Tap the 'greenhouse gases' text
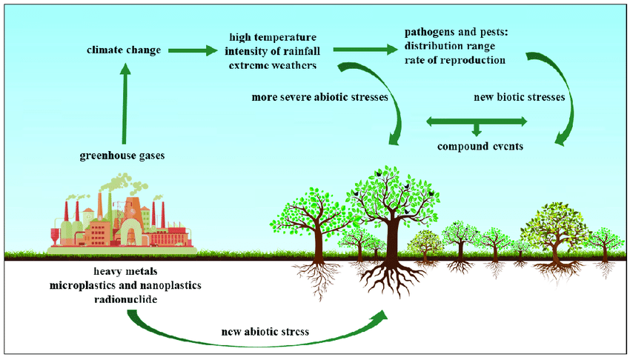[122, 156]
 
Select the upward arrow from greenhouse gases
[125, 104]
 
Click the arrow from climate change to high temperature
[192, 50]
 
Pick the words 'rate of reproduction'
[455, 60]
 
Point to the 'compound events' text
[480, 146]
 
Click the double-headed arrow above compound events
[477, 121]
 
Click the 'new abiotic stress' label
[264, 330]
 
